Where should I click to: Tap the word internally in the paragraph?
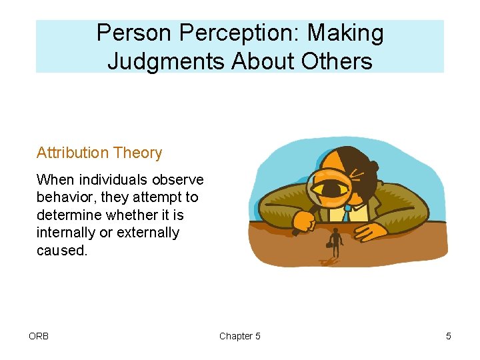pyautogui.click(x=66, y=232)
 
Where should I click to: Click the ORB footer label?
pyautogui.click(x=39, y=336)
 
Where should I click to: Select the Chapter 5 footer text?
pyautogui.click(x=240, y=336)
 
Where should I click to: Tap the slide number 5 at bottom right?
pyautogui.click(x=448, y=336)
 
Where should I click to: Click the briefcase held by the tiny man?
pyautogui.click(x=329, y=245)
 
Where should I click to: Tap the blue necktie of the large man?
pyautogui.click(x=347, y=212)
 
